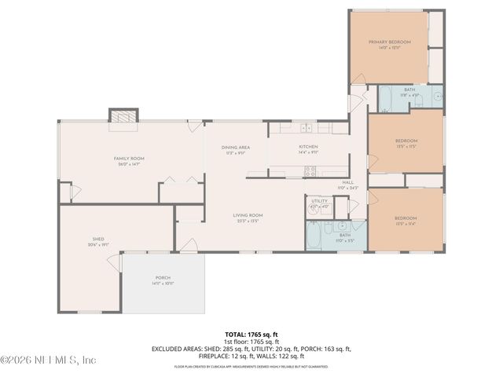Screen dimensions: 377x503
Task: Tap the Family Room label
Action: click(x=129, y=159)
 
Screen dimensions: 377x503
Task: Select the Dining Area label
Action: click(x=235, y=147)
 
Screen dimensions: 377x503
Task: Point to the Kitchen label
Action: click(x=308, y=147)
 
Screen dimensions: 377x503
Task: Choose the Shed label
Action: click(x=98, y=239)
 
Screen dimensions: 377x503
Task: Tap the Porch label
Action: click(x=163, y=278)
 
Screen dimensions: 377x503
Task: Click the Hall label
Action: click(x=347, y=183)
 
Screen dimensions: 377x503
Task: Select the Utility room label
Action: click(x=319, y=201)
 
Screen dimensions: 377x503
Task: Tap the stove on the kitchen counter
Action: click(x=310, y=170)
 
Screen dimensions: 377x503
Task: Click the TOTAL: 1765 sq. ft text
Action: click(x=251, y=335)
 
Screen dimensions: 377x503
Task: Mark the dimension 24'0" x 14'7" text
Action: click(x=129, y=165)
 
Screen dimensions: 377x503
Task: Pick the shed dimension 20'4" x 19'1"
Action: click(x=98, y=244)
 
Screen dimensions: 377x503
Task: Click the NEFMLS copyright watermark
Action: click(x=49, y=360)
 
